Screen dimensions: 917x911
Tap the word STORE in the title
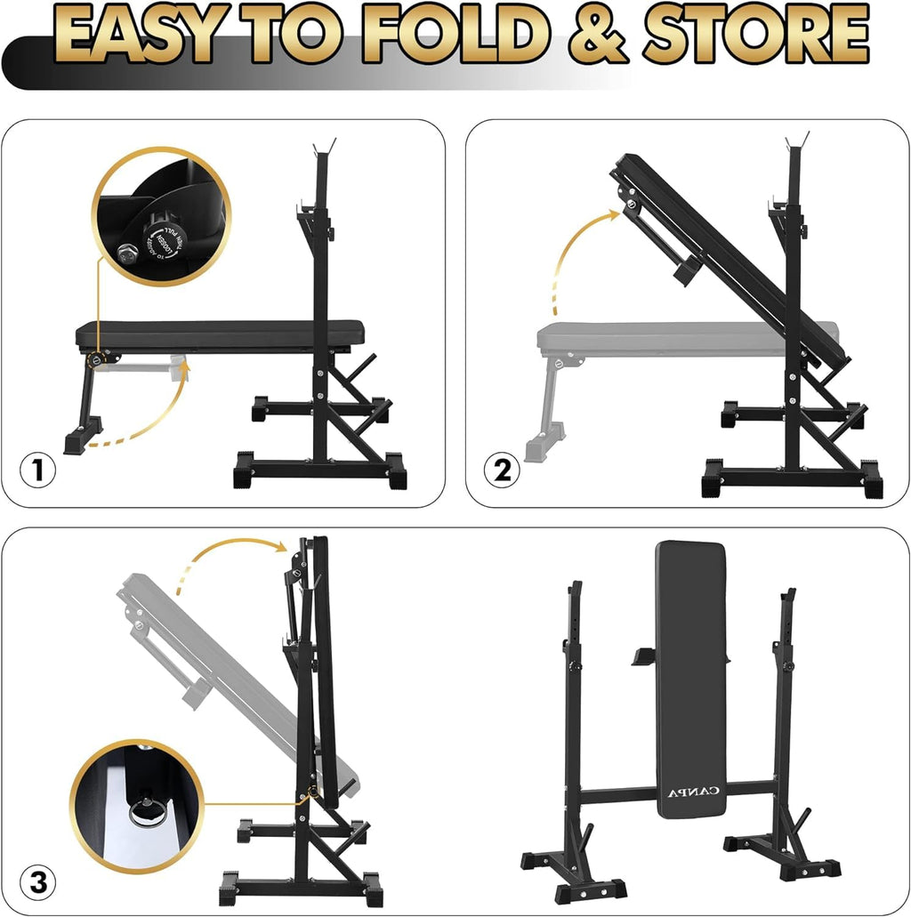click(756, 36)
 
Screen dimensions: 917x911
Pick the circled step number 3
click(37, 883)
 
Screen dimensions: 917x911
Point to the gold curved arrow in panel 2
click(569, 258)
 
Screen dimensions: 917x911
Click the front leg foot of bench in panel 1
click(82, 440)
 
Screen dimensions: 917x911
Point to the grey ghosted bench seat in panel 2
click(623, 338)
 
